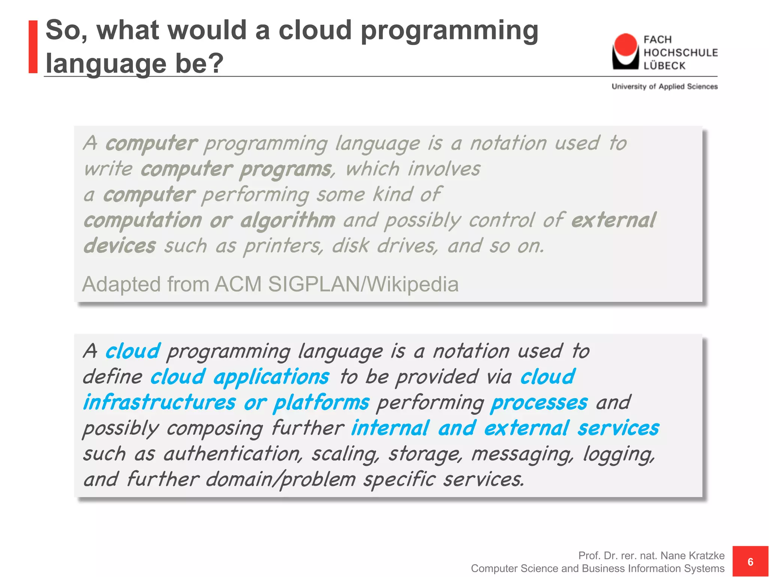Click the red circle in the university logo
coord(625,45)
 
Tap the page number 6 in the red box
coord(750,562)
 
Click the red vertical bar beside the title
coord(33,47)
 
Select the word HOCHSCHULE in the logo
coord(680,53)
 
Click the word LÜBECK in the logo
coord(664,66)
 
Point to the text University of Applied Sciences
coord(664,86)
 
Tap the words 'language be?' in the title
coord(134,63)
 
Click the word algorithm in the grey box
coord(288,220)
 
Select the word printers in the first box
coord(283,246)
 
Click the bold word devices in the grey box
coord(119,246)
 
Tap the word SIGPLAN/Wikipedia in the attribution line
coord(363,284)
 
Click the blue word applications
coord(271,377)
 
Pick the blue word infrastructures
coord(159,403)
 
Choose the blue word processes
coord(539,403)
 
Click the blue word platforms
coord(321,403)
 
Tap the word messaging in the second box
coord(522,454)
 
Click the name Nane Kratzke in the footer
coord(692,555)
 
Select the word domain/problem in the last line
coord(280,480)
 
